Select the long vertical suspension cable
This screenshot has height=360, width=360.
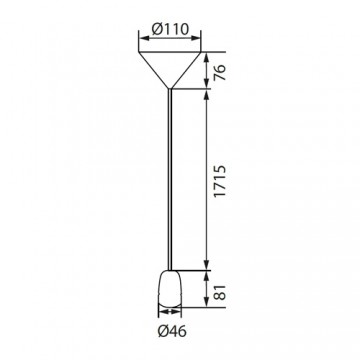tap(172, 180)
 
